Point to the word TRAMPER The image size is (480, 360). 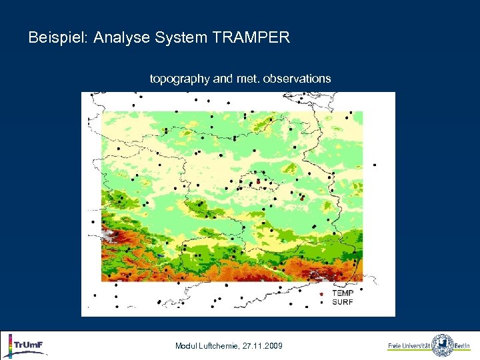click(251, 38)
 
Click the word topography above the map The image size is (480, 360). click(179, 79)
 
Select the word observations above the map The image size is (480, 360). click(297, 79)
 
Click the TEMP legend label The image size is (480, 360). click(343, 293)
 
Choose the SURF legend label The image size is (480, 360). click(343, 302)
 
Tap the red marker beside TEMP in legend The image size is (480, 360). click(322, 294)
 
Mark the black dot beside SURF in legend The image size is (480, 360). click(322, 302)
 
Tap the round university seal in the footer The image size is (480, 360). click(442, 345)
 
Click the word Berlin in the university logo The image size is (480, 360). click(463, 346)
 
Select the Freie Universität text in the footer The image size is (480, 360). click(409, 346)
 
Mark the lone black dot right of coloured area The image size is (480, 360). click(375, 165)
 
